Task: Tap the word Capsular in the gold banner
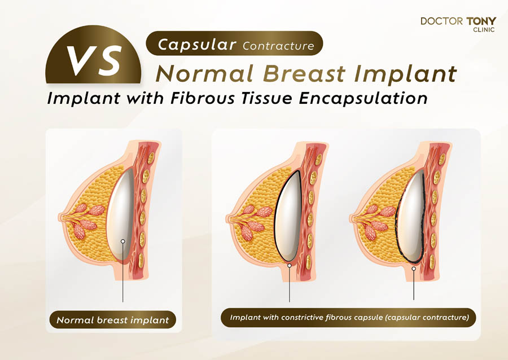pos(197,44)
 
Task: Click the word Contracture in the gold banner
pos(278,46)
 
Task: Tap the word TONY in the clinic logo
pos(481,21)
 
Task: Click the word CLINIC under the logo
pos(484,30)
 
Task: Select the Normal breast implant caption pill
pos(113,320)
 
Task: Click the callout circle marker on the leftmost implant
pos(122,242)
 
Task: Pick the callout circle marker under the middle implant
pos(290,265)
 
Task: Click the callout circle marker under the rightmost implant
pos(414,269)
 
